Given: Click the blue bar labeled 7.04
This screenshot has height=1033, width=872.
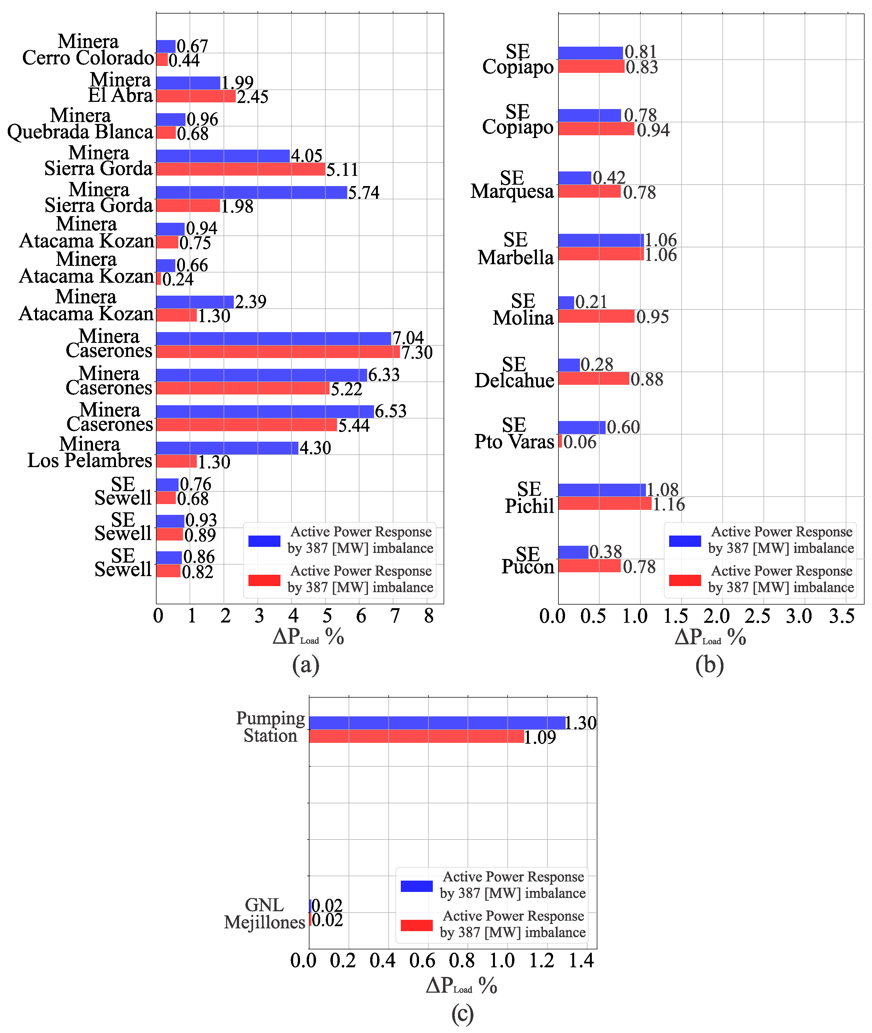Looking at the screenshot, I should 273,338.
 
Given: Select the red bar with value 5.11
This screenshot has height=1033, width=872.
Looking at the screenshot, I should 241,169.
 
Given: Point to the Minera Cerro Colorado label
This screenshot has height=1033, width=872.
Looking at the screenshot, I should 88,50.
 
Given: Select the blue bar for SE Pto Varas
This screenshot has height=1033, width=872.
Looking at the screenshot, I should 582,427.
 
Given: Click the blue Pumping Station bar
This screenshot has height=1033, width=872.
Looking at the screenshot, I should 437,723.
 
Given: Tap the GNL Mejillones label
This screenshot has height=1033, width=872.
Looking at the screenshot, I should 264,913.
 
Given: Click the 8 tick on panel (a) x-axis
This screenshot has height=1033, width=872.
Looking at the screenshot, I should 429,616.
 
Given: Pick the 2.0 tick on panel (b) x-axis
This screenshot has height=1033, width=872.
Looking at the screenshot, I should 716,616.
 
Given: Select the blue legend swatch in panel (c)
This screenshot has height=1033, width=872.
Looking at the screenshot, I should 416,886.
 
